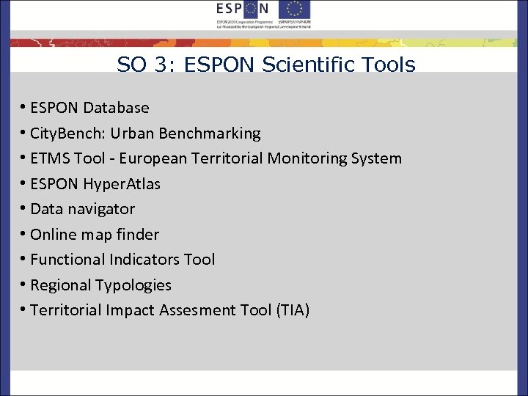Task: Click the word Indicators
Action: tap(145, 260)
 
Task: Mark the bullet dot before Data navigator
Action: tap(23, 210)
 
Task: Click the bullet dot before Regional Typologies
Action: tap(23, 286)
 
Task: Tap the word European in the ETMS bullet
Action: tap(153, 158)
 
